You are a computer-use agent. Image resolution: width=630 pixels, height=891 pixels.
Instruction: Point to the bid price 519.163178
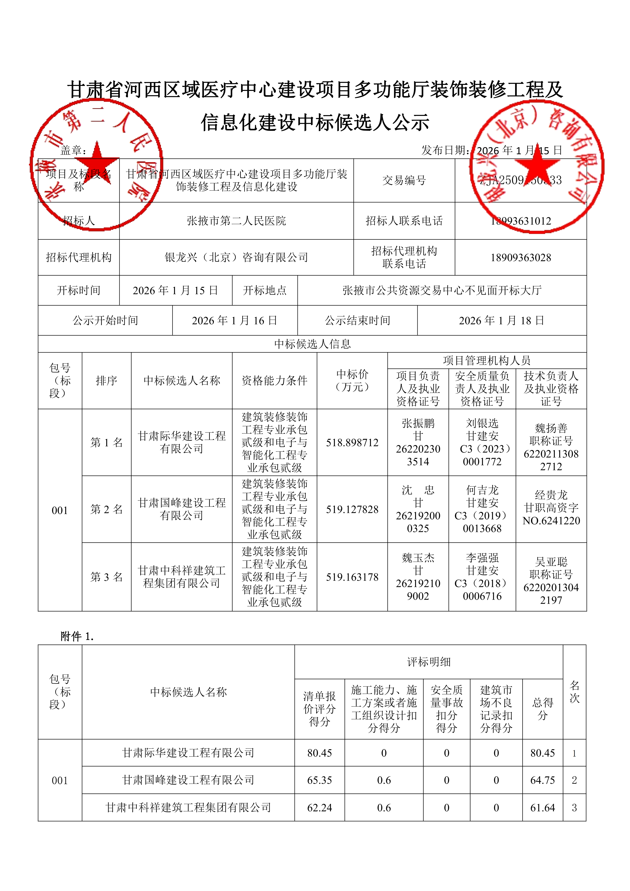352,577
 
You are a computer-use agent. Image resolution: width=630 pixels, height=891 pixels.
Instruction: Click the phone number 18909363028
521,258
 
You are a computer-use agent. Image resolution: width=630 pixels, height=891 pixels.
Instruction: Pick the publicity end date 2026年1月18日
502,320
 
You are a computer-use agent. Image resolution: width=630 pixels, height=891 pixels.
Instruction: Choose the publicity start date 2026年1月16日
235,320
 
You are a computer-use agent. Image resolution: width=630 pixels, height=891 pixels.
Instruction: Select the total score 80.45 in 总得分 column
542,753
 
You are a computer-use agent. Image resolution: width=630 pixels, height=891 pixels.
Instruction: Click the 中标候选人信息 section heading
312,344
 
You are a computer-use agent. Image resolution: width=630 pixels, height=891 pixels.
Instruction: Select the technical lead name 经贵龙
551,495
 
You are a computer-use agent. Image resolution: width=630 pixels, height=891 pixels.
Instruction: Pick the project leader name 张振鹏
418,423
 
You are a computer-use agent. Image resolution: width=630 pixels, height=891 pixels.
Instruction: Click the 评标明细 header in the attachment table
429,662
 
